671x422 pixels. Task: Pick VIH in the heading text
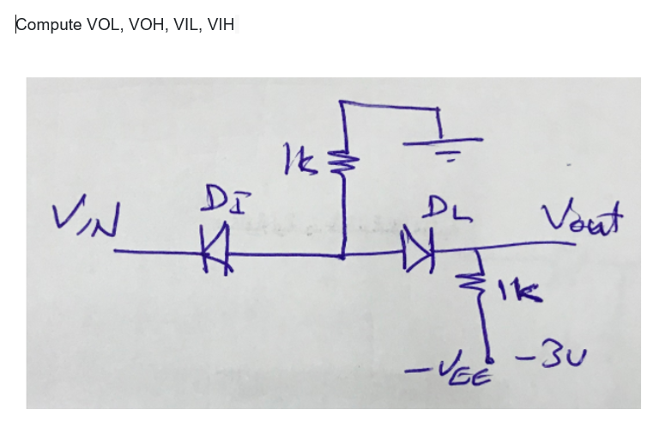[220, 25]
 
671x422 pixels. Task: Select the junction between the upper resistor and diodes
[343, 255]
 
